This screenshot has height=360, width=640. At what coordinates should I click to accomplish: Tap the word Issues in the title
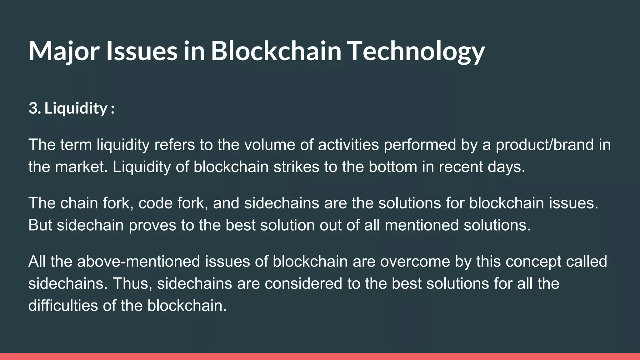pyautogui.click(x=142, y=51)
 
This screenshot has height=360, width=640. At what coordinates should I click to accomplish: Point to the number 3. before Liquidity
pyautogui.click(x=34, y=108)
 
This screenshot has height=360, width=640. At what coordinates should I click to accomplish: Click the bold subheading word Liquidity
pyautogui.click(x=76, y=108)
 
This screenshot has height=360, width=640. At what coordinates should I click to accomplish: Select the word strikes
pyautogui.click(x=296, y=167)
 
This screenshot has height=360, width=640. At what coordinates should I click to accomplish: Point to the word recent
pyautogui.click(x=461, y=167)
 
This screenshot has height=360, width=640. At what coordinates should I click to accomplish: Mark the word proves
pyautogui.click(x=152, y=225)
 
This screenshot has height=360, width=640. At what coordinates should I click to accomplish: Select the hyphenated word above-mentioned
pyautogui.click(x=138, y=261)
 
